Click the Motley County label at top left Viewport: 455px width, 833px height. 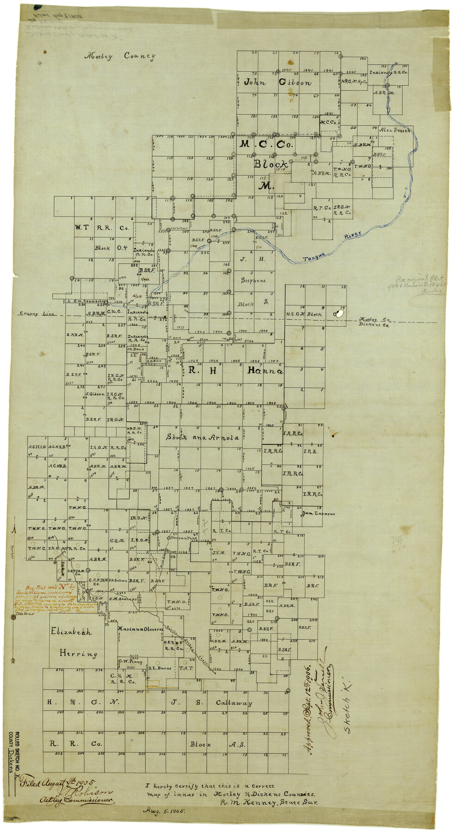[x=119, y=56]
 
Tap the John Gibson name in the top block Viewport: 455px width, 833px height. [x=277, y=82]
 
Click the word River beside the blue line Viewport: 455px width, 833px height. [x=352, y=236]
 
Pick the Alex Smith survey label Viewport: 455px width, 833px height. [x=394, y=131]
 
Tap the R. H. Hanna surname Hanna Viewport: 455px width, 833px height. [x=265, y=371]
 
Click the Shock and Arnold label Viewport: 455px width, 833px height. [x=203, y=437]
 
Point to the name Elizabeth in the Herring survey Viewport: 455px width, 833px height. [x=71, y=632]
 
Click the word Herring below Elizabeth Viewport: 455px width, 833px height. [x=78, y=653]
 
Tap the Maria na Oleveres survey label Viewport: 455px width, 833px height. [x=140, y=629]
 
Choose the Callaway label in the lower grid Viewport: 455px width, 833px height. [x=234, y=703]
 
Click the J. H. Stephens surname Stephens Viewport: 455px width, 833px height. [x=253, y=280]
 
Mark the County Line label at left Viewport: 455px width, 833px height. [x=37, y=314]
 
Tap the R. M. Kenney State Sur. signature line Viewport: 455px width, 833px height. [x=268, y=803]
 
